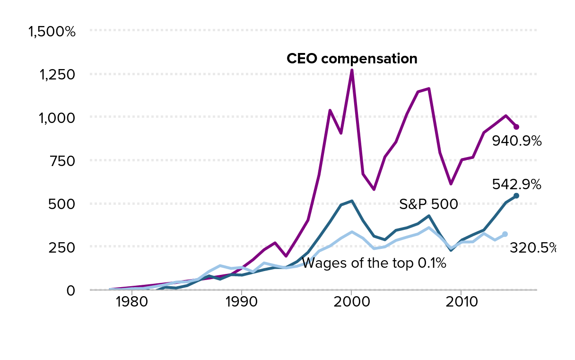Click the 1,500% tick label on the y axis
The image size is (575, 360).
(x=52, y=32)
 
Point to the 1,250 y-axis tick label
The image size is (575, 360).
(x=56, y=75)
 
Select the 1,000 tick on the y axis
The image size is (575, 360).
(x=56, y=118)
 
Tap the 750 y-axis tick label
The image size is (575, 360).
(x=63, y=161)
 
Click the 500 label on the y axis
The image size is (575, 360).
(x=63, y=204)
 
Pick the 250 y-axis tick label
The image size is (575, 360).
(x=63, y=247)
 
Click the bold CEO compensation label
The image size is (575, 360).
(x=352, y=59)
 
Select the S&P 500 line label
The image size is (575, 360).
(x=428, y=204)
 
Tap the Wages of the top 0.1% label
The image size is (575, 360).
(x=374, y=263)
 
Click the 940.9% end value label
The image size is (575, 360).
(x=516, y=141)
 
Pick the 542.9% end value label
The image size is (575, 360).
(x=516, y=184)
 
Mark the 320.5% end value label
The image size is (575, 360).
(x=532, y=247)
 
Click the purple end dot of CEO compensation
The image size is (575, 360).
(x=516, y=127)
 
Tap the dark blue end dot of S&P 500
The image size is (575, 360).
(x=516, y=195)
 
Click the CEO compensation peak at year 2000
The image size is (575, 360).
(x=351, y=70)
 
